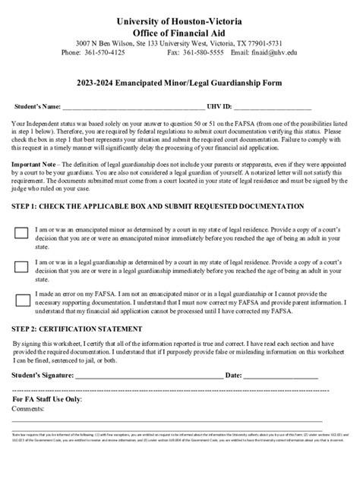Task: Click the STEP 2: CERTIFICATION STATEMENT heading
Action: (77, 329)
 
